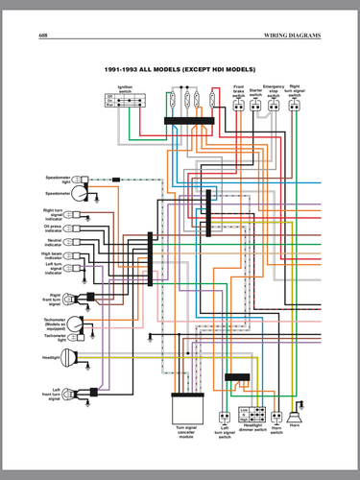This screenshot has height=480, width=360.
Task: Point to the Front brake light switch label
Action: click(238, 92)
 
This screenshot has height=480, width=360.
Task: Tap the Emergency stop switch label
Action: click(276, 92)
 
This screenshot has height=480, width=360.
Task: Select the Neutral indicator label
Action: click(55, 243)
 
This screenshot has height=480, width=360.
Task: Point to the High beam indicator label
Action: click(55, 255)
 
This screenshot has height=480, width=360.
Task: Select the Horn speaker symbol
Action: click(294, 417)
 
